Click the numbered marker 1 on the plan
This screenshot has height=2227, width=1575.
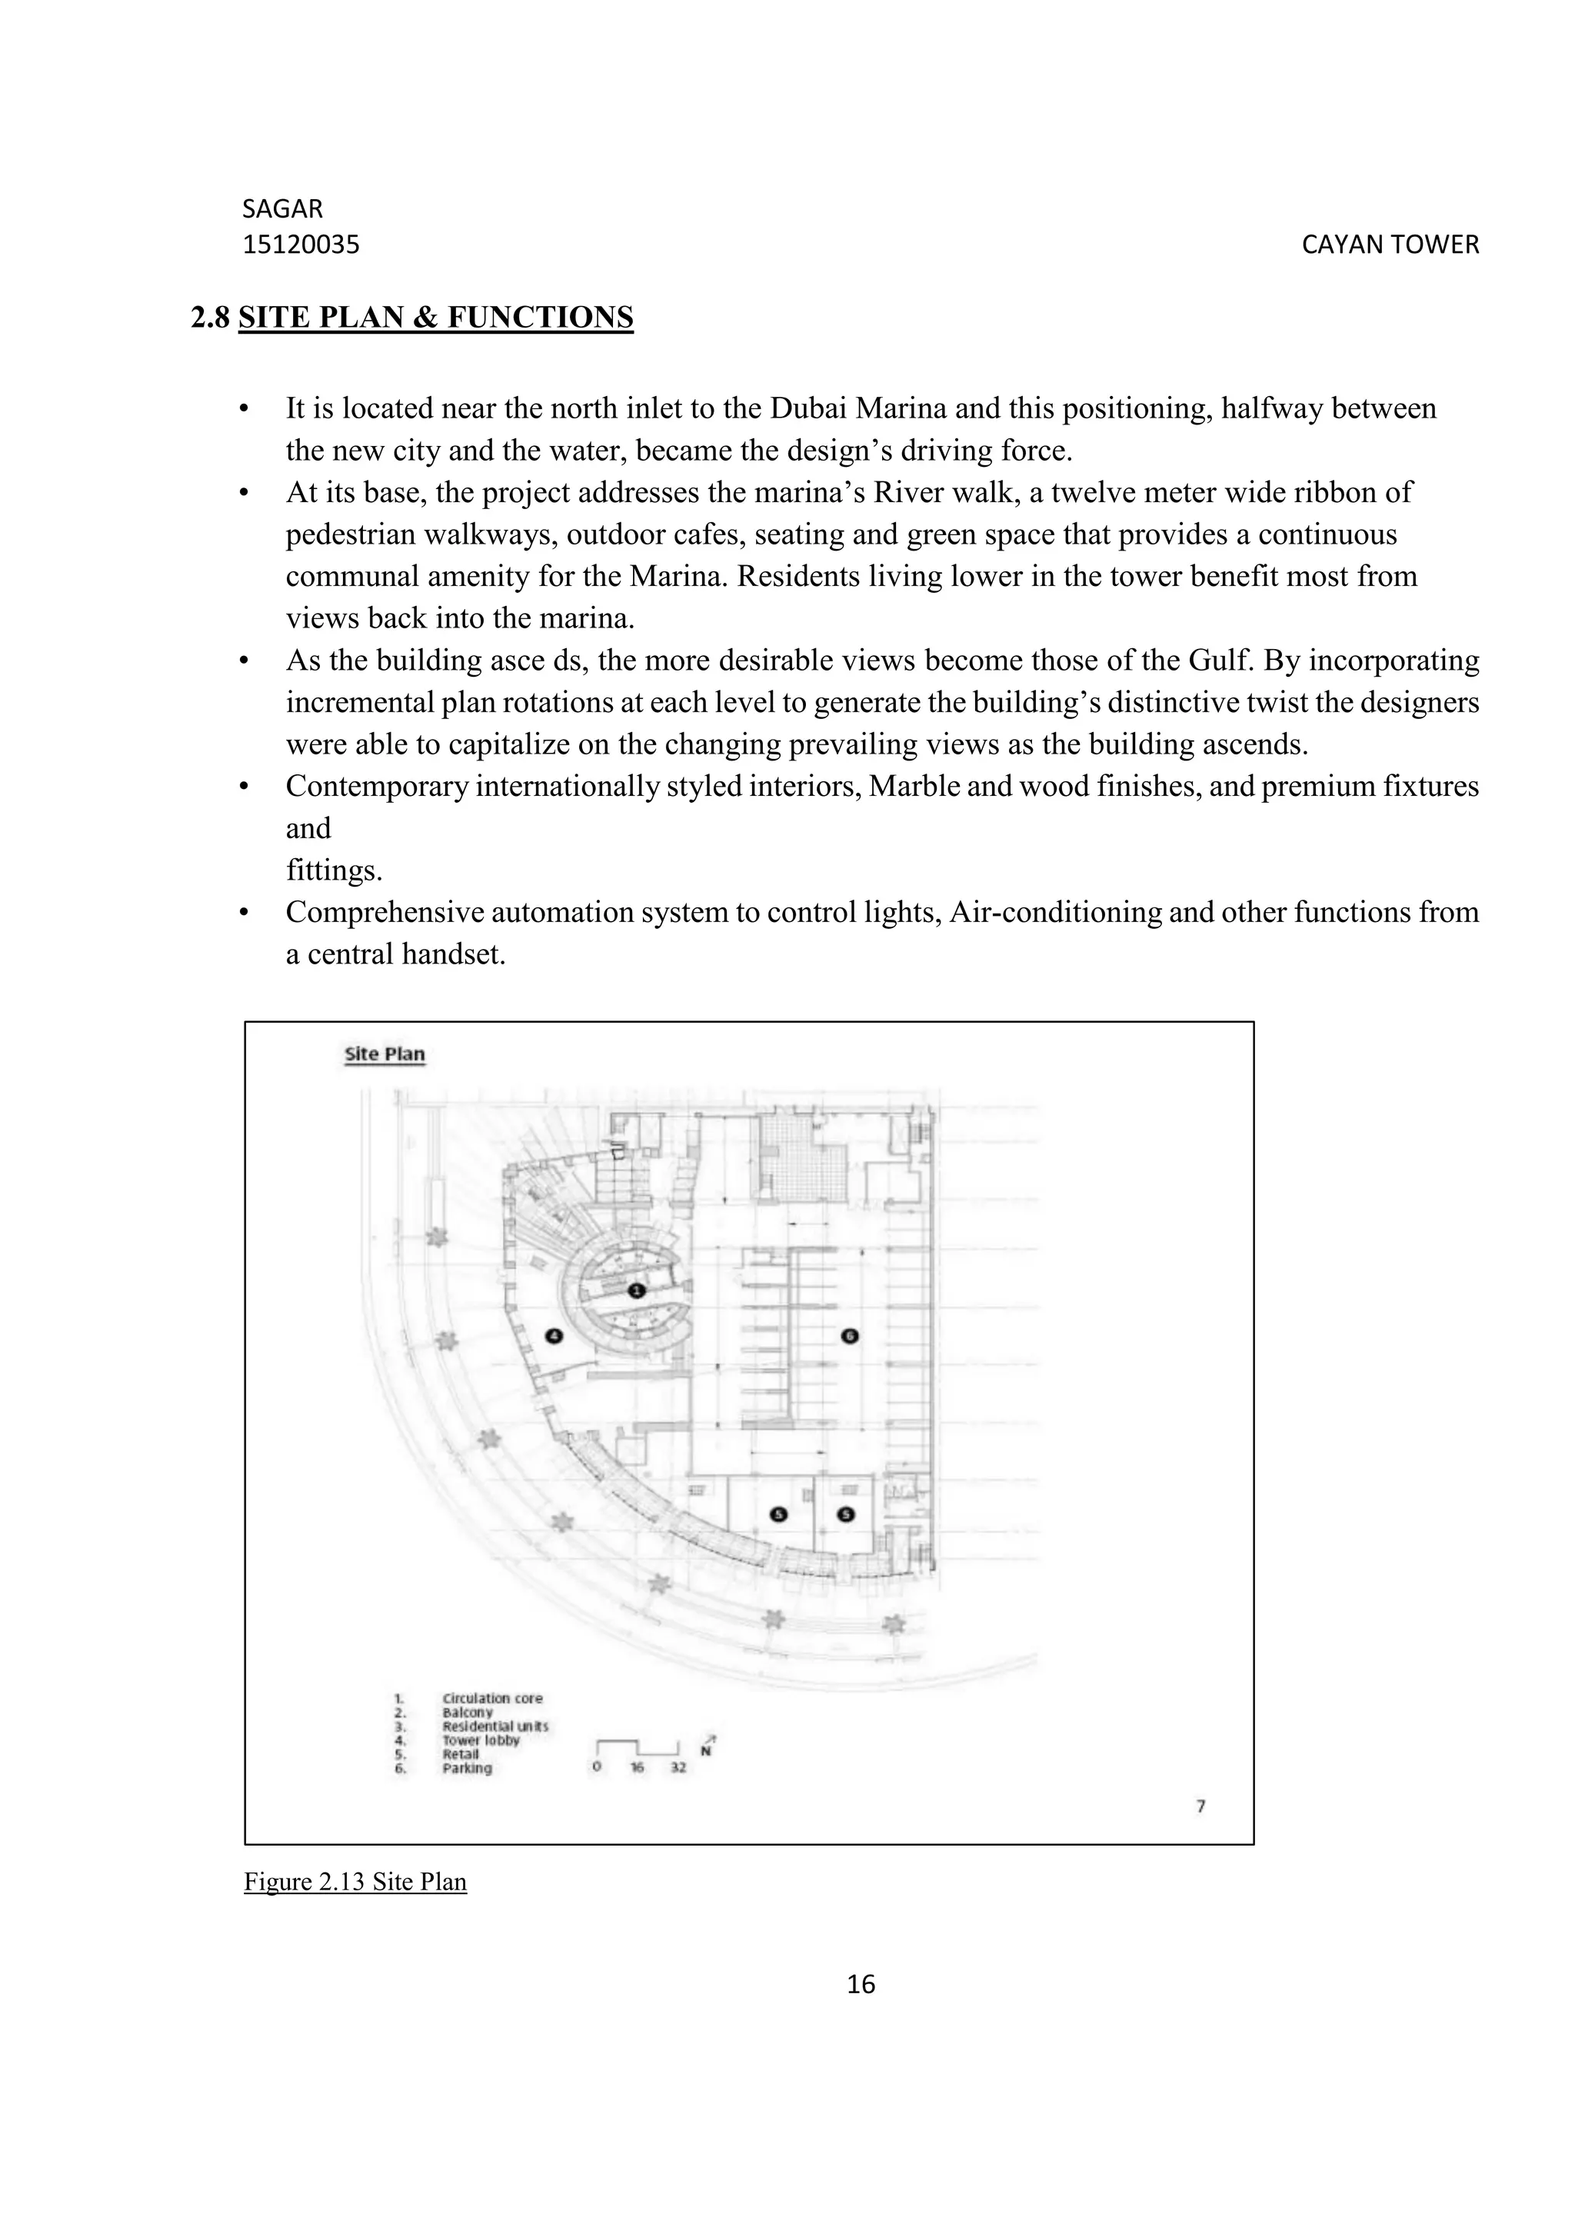[636, 1290]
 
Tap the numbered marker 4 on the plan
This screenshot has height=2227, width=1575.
[554, 1336]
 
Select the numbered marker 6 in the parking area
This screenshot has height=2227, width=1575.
[850, 1336]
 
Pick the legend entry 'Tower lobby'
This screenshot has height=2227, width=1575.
[480, 1740]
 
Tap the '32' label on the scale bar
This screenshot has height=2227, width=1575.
[678, 1767]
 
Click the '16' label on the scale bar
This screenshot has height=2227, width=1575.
[638, 1767]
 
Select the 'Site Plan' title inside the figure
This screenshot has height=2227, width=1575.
[385, 1054]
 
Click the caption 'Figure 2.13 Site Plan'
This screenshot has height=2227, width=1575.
[355, 1882]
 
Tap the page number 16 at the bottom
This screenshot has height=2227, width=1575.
[861, 1985]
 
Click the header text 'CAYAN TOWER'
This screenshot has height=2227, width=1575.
[1390, 245]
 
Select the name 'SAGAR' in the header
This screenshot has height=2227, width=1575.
[282, 208]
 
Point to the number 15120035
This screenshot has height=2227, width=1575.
[301, 245]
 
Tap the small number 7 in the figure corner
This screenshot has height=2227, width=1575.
[1200, 1806]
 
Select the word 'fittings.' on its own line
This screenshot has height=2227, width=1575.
[334, 870]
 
